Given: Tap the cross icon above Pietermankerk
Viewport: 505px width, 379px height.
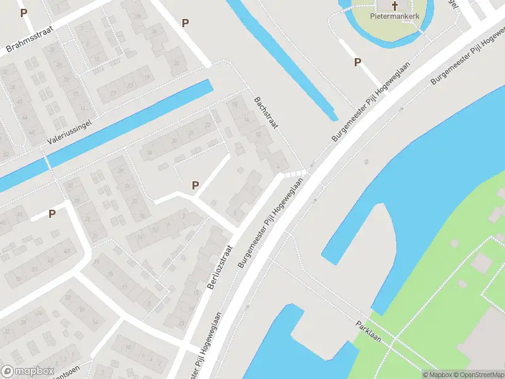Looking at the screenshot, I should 395,6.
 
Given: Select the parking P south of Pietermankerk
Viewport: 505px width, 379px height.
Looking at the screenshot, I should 357,62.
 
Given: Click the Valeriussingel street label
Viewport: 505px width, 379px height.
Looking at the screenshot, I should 69,131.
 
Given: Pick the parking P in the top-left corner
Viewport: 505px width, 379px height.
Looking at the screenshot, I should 24,13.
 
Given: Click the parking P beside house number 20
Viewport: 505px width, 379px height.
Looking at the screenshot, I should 185,23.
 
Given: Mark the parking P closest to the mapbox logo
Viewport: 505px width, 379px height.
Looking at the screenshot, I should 52,214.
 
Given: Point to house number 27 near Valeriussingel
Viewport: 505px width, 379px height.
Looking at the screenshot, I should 114,93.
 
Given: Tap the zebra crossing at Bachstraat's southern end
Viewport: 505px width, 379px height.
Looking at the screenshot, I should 294,173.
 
